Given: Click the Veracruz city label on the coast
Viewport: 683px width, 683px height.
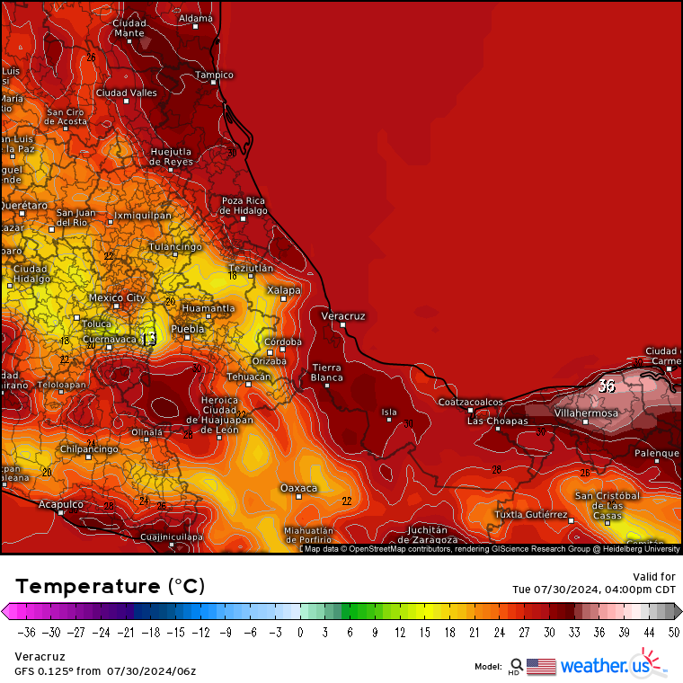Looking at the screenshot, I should [x=343, y=316].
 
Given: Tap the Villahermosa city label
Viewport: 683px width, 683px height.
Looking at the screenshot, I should [x=586, y=413].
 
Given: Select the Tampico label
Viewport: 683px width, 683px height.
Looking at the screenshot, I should [x=215, y=75].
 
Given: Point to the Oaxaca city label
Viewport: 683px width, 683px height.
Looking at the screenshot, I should [x=298, y=488].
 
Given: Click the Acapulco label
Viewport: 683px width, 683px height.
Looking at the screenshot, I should [x=60, y=505].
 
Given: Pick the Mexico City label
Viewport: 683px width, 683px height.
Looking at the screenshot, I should [x=117, y=297].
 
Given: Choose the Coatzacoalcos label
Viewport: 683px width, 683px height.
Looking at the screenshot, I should [x=471, y=402].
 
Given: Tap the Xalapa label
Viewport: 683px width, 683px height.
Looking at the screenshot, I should [x=284, y=290].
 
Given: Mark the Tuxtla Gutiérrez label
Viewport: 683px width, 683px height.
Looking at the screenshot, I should [x=532, y=515].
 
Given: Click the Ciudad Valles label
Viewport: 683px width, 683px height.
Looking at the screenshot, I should [x=126, y=93].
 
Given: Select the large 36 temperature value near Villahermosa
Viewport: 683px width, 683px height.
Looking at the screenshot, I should [x=607, y=386].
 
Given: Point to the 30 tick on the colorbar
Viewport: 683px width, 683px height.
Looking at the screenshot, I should [x=549, y=632].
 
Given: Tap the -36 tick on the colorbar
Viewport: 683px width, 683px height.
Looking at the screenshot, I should [x=28, y=632].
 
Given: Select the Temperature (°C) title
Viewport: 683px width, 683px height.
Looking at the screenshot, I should [x=111, y=586].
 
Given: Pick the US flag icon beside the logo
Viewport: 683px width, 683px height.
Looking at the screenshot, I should [x=541, y=666].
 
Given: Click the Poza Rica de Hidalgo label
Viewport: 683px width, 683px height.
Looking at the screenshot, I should [x=244, y=206].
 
